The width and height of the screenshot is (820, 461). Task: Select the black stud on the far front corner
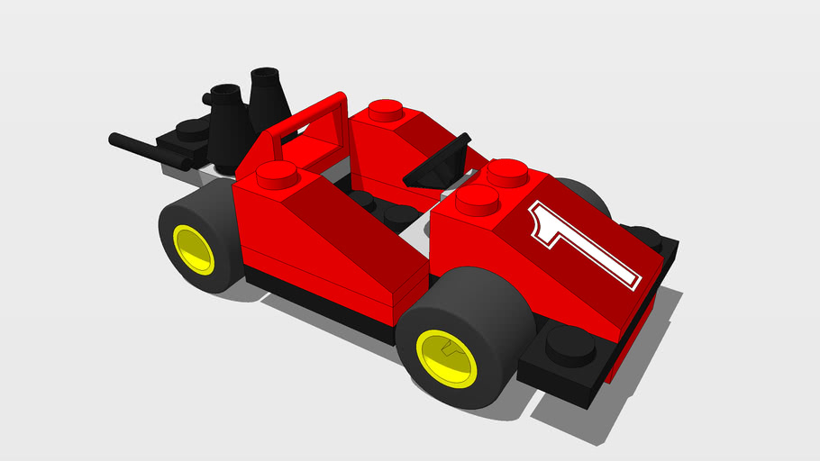pos(647,237)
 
